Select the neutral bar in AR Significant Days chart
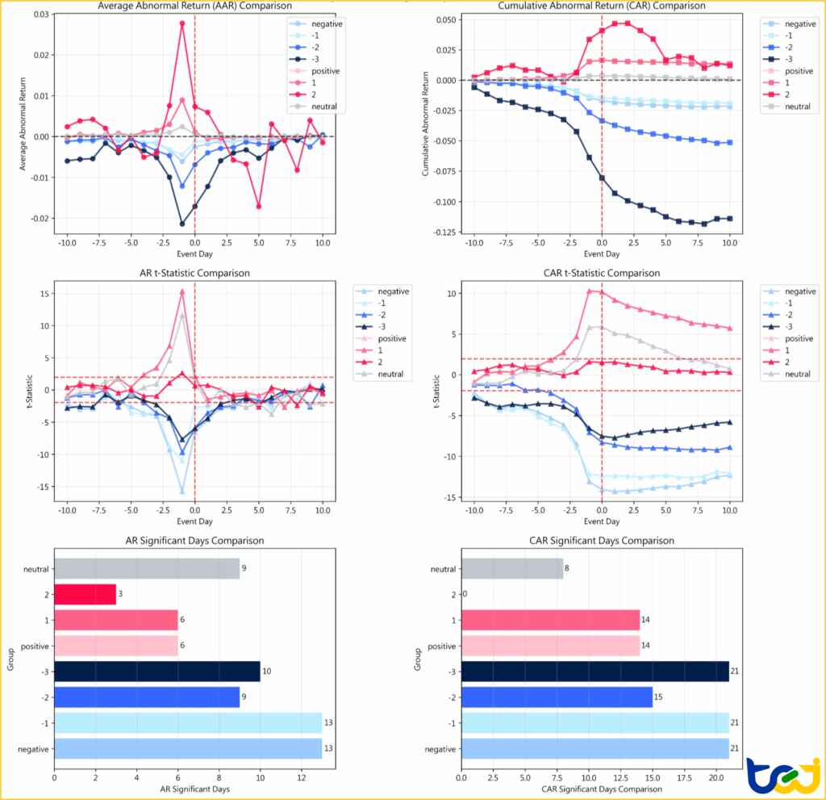tap(146, 568)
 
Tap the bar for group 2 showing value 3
tap(85, 594)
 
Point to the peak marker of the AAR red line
tap(182, 23)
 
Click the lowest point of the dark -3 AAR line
tap(182, 224)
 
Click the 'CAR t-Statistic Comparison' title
tap(602, 274)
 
